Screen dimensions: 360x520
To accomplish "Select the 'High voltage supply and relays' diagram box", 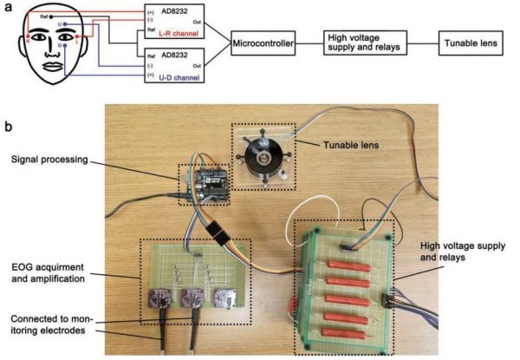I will (365, 42).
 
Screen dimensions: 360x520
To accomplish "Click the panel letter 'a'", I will (8, 7).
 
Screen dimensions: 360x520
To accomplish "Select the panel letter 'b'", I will (8, 126).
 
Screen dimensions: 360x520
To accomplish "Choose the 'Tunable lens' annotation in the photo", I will (356, 145).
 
